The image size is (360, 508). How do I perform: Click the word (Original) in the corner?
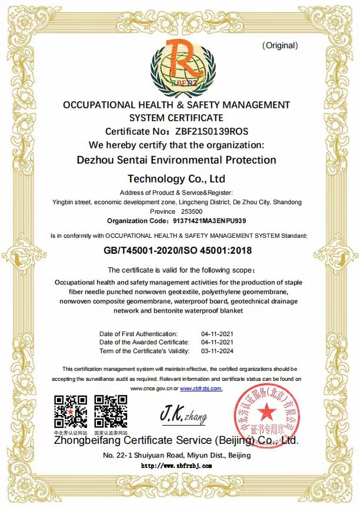(280, 45)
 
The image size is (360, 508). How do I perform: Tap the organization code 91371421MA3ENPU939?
(211, 221)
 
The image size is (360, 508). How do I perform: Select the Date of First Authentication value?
(218, 334)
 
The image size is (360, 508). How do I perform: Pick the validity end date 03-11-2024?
(218, 351)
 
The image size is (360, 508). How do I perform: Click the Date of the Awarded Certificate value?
(218, 342)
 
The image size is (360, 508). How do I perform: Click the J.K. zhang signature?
(183, 415)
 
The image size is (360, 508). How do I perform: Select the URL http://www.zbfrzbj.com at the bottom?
(176, 466)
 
